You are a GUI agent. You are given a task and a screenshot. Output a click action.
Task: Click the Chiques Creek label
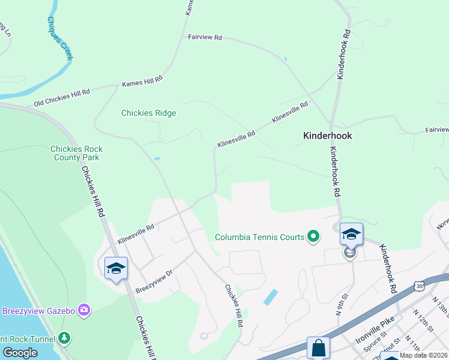[x=60, y=37]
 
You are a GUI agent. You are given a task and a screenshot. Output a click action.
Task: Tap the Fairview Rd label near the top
[x=205, y=37]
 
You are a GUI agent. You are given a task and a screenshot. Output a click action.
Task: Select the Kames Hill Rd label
[x=142, y=82]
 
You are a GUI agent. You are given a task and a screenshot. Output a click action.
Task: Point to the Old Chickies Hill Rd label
[x=62, y=97]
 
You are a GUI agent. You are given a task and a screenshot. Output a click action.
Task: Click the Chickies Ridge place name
[x=149, y=113]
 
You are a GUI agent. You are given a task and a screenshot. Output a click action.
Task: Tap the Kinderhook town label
[x=327, y=136]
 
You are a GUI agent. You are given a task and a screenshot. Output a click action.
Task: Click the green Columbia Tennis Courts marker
[x=313, y=237]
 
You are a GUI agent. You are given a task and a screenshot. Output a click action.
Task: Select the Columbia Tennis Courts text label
[x=260, y=237]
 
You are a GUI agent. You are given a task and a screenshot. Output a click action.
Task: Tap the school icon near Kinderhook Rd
[x=351, y=235]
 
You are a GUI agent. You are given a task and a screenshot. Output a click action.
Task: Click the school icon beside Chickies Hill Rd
[x=116, y=268]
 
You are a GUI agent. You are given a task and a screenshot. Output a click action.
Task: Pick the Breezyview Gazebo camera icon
[x=85, y=310]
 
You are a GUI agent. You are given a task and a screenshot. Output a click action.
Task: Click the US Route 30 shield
[x=418, y=287]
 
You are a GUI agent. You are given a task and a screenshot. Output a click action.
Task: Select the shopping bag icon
[x=318, y=348]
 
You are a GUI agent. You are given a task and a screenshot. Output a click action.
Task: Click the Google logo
[x=20, y=353]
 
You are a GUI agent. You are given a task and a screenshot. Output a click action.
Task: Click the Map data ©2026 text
[x=423, y=355]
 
